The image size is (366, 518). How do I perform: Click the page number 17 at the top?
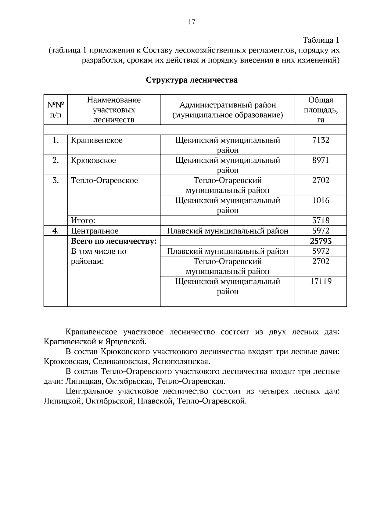pos(192,22)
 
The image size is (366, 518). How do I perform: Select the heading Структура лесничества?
pos(192,80)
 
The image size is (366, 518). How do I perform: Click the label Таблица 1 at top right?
pos(321,40)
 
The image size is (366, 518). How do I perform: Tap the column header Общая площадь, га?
pos(321,110)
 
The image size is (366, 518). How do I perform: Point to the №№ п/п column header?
pos(56,110)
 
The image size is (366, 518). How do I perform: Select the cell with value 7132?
pos(321,140)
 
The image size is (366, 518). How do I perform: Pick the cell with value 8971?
pos(321,161)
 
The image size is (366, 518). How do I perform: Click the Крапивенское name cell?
pos(97,140)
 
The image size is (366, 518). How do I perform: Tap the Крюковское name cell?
pos(93,161)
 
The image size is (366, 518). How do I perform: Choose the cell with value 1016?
pos(321,201)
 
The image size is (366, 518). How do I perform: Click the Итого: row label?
pos(83,220)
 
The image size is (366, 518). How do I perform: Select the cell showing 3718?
pos(321,220)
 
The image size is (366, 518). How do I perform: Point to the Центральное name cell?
pos(95,231)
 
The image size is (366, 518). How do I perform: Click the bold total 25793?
pos(321,241)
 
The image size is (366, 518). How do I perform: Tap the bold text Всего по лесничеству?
pos(113,241)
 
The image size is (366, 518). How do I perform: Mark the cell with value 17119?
pos(321,281)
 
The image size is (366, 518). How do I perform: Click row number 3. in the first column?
pos(56,181)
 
